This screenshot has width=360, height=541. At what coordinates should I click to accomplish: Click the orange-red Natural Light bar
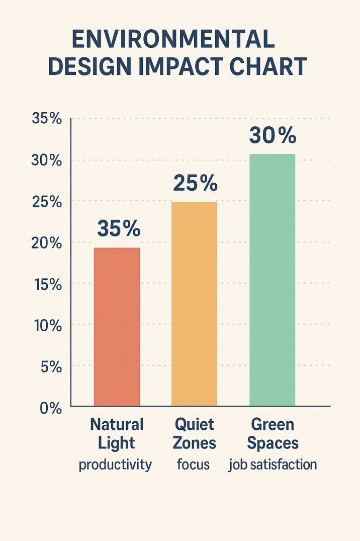(117, 327)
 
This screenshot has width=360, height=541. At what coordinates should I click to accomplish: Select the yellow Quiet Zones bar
(194, 304)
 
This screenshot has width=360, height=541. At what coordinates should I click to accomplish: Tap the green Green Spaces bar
(272, 280)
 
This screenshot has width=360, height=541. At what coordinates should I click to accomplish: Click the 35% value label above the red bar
(119, 229)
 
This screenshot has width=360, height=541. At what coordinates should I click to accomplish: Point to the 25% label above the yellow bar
(195, 184)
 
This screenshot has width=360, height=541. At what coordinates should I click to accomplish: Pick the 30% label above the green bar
(273, 135)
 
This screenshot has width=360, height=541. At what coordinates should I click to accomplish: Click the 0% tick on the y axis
(50, 408)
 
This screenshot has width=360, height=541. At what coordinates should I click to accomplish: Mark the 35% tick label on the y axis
(47, 119)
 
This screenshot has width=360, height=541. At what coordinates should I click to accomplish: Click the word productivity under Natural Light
(115, 464)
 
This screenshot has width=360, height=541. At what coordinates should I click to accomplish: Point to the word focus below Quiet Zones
(194, 464)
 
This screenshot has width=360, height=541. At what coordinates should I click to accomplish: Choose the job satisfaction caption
(273, 464)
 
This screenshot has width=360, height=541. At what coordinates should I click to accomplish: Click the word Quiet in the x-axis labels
(194, 424)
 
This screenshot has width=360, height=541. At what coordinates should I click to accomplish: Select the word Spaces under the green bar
(273, 443)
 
